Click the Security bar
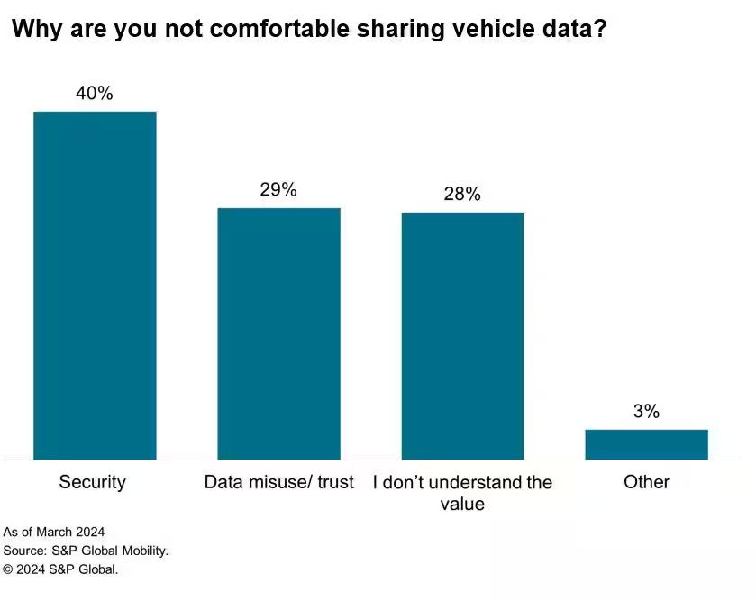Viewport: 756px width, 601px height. point(95,285)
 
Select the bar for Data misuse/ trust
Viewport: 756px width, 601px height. point(278,333)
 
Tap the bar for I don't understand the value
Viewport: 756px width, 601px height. point(462,335)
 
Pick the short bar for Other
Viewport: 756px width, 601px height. point(646,444)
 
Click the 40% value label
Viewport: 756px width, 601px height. point(95,93)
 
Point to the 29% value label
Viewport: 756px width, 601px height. point(278,189)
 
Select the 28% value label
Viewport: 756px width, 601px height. point(462,194)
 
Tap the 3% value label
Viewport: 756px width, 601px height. point(646,412)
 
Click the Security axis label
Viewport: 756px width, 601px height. point(93,482)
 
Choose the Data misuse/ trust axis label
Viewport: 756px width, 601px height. point(278,482)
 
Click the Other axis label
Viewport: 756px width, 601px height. point(646,482)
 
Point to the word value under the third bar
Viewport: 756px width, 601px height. point(462,505)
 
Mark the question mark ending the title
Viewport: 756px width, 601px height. point(600,30)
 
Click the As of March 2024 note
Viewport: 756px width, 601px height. point(54,532)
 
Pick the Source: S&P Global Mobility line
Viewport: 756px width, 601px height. point(86,551)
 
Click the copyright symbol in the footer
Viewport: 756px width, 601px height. point(8,569)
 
